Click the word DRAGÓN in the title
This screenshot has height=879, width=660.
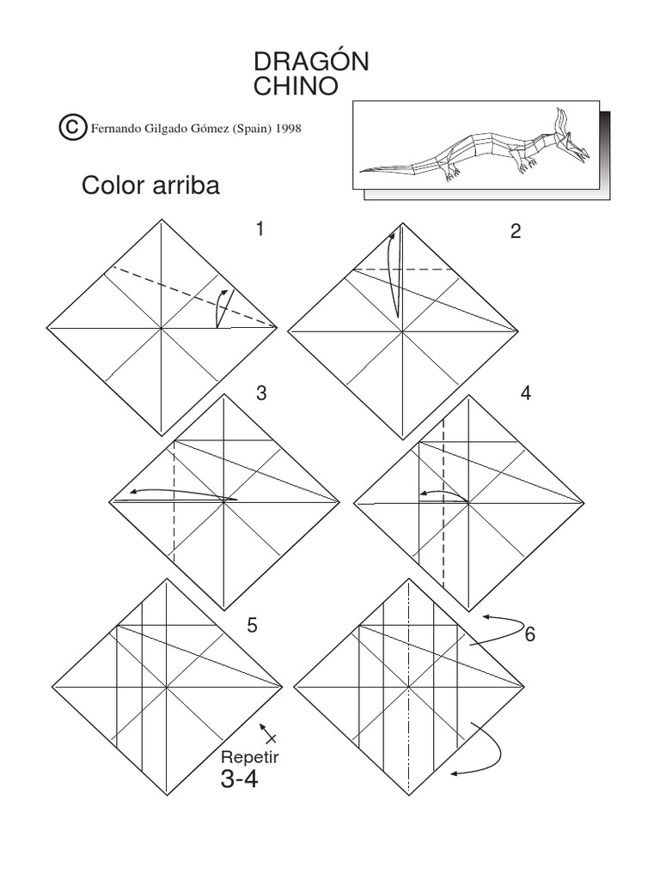point(312,62)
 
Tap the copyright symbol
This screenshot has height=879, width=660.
point(71,128)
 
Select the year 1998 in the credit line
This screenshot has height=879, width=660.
point(288,129)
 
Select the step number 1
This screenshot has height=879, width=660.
point(260,229)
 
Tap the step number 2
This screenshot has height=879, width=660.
point(516,231)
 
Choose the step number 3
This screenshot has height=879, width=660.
point(261,393)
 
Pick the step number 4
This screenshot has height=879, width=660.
point(526,393)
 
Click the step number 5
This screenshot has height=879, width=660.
point(252,626)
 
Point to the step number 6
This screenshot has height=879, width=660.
point(530,635)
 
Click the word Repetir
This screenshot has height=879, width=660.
point(251,758)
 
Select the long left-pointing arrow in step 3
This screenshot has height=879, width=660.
point(172,494)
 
